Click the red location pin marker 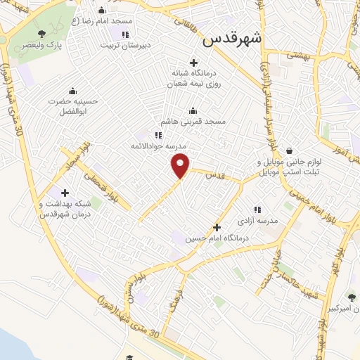pos(181,165)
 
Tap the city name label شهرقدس pos(231,39)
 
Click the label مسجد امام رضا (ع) pos(105,21)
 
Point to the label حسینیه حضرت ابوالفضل pos(72,105)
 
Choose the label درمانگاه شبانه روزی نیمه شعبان pos(193,77)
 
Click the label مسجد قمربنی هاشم pos(193,122)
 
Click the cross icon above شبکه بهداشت pos(65,192)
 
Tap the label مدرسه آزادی pos(257,221)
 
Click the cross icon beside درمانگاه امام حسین pos(217,227)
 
